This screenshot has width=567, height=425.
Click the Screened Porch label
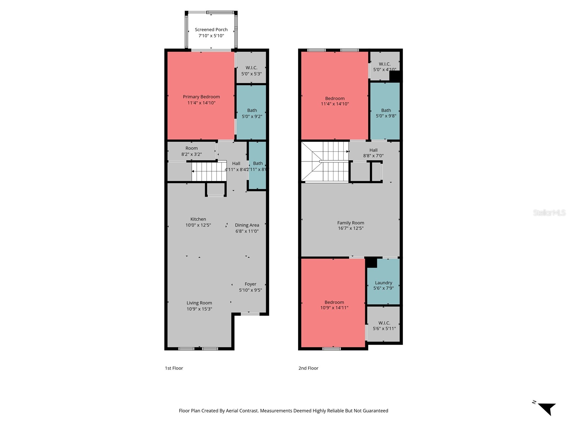211,30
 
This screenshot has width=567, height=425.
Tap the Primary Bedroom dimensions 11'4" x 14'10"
201,103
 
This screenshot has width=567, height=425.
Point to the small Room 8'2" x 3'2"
191,151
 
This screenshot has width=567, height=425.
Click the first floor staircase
209,171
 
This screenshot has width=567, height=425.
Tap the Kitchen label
198,219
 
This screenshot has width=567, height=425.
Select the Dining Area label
247,225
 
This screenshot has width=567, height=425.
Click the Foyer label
250,284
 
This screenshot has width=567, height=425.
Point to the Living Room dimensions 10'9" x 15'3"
199,309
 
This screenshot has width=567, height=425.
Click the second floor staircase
325,162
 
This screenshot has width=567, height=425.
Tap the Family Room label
350,223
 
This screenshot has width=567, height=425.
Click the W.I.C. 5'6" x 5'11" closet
384,325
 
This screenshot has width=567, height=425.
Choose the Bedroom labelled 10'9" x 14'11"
334,305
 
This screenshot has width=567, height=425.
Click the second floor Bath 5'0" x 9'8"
386,113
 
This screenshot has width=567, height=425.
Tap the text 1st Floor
174,368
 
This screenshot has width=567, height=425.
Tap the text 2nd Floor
308,368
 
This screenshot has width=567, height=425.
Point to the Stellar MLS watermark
549,212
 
